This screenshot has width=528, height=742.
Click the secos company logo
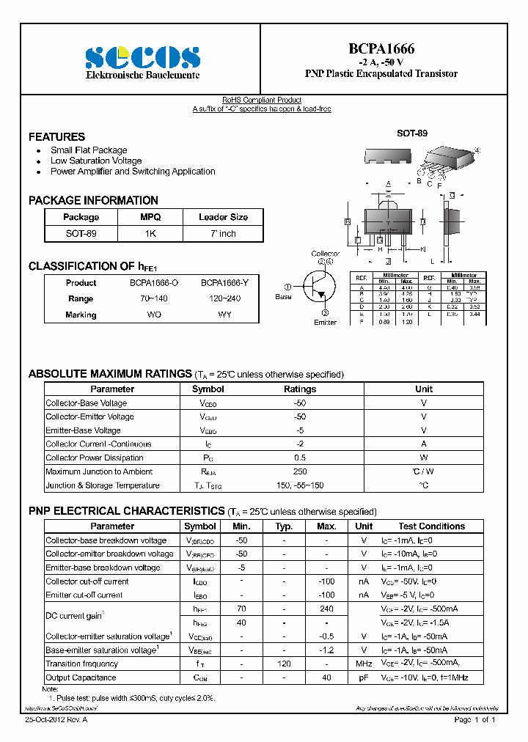pos(142,56)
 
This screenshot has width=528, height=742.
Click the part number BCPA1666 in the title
pos(381,48)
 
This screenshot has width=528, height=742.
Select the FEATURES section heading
pos(56,137)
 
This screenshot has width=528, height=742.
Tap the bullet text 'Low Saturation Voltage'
pos(96,161)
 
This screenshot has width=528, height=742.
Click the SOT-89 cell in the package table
pos(81,233)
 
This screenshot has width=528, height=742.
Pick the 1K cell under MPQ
pos(150,233)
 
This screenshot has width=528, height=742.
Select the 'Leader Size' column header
pos(223,217)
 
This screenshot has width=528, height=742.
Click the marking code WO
pos(154,315)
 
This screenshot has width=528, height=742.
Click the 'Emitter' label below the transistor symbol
pos(325,322)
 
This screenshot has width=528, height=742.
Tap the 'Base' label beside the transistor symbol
pos(283,297)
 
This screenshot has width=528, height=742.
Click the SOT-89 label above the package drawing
pos(411,133)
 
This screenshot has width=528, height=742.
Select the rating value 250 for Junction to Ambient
pos(300,471)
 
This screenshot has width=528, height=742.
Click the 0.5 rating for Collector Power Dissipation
pos(300,458)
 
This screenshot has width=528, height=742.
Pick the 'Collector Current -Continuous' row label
pos(98,444)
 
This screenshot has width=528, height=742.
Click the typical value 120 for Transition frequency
pos(284,664)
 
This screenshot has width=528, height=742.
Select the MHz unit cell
pos(364,664)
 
